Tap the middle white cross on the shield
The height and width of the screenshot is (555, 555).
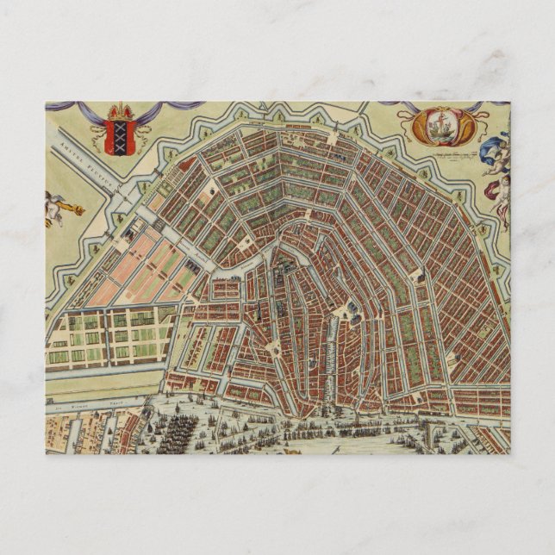tap(121, 135)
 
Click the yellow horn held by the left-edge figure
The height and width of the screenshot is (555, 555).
tap(75, 209)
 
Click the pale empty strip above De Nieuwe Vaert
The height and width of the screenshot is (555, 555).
tap(95, 389)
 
